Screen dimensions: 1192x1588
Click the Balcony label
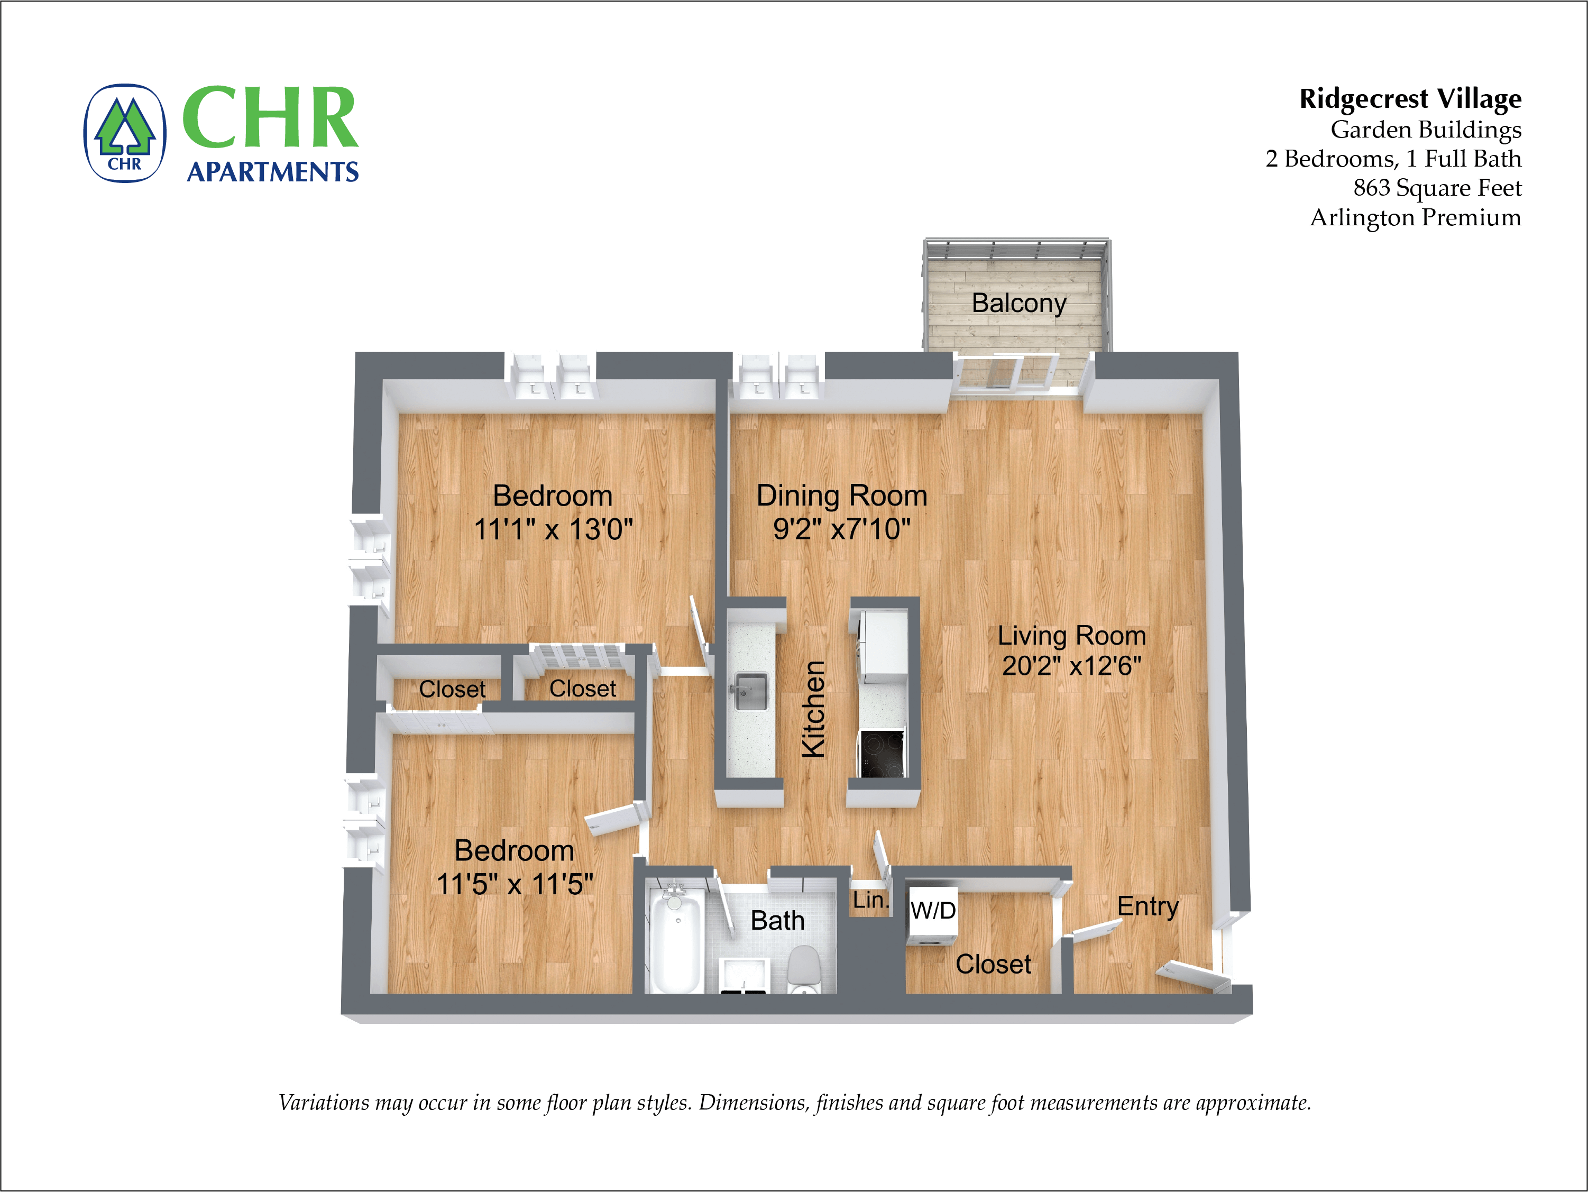click(x=1018, y=303)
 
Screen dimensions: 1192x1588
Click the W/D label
click(x=933, y=911)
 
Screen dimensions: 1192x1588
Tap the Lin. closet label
click(x=870, y=900)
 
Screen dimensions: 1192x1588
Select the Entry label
click(x=1147, y=906)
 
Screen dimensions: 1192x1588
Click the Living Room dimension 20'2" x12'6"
click(x=1071, y=666)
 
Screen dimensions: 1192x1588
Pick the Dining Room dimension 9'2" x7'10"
click(x=841, y=529)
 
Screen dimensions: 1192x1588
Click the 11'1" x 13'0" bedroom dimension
click(x=553, y=530)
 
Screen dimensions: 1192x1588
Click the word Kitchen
click(x=813, y=709)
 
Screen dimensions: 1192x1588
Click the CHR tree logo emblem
click(x=125, y=134)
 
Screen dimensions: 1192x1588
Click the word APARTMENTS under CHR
click(x=272, y=172)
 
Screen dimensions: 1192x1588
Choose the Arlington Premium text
click(x=1415, y=217)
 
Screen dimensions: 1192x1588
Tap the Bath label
click(x=777, y=921)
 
